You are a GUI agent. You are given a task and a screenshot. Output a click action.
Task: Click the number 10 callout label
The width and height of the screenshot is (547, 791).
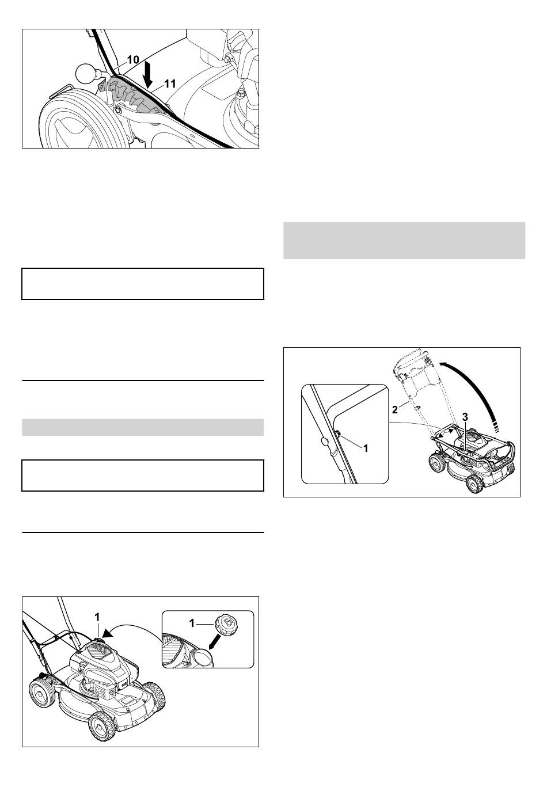[x=133, y=60]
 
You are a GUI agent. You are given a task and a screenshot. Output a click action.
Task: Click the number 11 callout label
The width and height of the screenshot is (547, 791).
[x=170, y=83]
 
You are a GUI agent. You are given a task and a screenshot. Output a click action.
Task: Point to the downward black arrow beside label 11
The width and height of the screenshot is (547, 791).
[x=149, y=74]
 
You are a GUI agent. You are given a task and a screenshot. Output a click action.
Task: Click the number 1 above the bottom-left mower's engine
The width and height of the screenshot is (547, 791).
[x=97, y=617]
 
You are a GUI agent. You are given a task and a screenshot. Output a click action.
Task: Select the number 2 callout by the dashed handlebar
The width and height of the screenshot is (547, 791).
[x=395, y=410]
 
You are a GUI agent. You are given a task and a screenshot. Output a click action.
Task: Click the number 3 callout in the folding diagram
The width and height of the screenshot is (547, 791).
[x=465, y=417]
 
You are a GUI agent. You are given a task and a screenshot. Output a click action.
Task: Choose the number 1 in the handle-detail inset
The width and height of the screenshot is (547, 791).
[x=366, y=448]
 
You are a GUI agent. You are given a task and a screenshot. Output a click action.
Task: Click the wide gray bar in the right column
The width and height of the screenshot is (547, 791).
[x=404, y=241]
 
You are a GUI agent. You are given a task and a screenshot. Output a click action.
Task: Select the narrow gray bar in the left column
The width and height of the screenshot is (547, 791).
[x=143, y=427]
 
